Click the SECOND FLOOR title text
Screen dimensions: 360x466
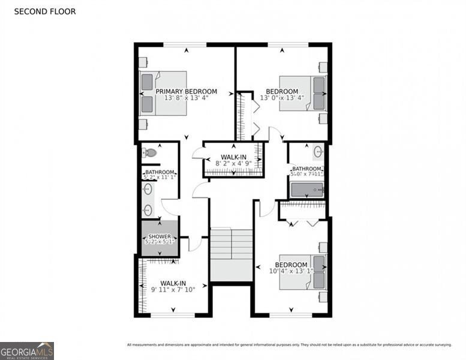45,11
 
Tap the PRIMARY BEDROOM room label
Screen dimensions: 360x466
187,92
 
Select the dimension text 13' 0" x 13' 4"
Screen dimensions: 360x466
282,98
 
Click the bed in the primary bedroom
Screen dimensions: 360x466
163,93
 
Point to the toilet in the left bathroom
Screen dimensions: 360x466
149,153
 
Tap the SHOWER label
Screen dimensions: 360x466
160,236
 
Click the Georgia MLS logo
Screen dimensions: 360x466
27,350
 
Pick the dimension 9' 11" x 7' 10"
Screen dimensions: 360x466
173,290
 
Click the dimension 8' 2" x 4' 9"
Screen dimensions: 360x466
233,163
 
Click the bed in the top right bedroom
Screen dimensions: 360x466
303,93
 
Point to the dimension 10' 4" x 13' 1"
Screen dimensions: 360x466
291,271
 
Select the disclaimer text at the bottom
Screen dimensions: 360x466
288,344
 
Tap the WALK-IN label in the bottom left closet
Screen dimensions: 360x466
173,283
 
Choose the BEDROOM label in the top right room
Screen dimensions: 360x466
282,92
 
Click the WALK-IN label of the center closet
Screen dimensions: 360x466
233,156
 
